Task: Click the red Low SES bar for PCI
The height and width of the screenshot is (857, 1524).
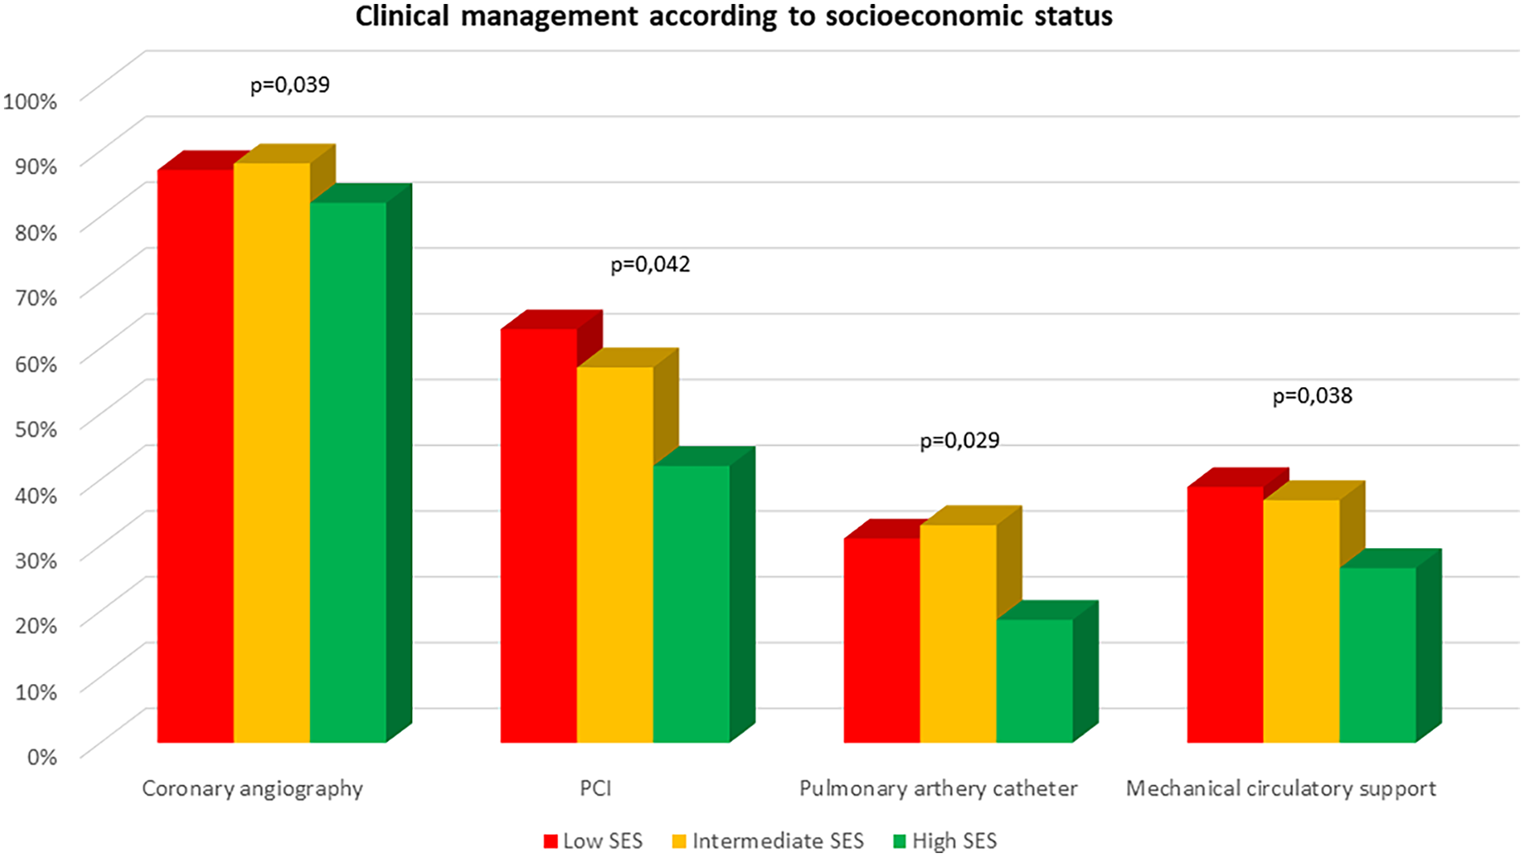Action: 539,535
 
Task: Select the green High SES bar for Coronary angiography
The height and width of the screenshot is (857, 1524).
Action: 348,472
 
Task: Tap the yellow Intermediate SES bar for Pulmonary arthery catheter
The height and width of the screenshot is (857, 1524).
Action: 958,633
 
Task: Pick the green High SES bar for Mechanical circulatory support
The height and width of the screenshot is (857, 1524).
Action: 1377,655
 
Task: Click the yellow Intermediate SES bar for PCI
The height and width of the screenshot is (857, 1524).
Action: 615,554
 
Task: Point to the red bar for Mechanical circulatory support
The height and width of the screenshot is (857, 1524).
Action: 1225,614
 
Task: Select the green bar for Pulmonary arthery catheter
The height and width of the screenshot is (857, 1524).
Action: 1035,681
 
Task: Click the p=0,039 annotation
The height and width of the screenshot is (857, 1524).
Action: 290,84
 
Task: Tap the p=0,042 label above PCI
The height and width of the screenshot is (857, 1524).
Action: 650,265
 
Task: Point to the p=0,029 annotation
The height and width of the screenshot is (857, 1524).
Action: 959,441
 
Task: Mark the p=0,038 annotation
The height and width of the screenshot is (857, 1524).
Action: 1311,396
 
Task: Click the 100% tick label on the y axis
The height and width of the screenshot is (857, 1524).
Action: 31,101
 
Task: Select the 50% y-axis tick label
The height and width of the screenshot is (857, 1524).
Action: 35,429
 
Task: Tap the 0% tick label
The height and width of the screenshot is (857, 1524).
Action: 42,756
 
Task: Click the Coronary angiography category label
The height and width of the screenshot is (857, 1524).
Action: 252,789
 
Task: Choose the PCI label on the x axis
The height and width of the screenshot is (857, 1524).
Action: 596,789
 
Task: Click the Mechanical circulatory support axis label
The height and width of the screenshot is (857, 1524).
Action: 1280,789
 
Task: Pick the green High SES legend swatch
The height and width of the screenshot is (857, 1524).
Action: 899,842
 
